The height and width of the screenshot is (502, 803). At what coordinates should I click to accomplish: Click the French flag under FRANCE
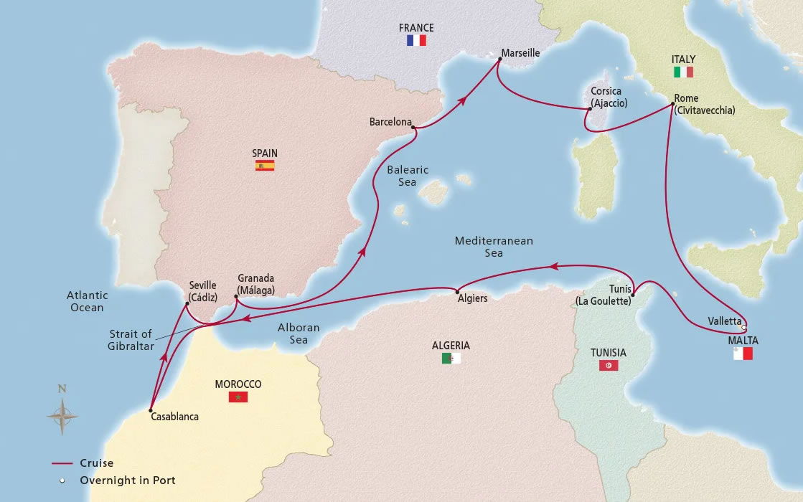click(416, 41)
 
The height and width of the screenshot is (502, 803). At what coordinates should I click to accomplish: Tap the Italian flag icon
click(683, 72)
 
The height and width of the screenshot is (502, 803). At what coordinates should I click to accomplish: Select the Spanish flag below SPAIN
click(265, 166)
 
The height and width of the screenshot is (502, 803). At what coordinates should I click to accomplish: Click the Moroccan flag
click(238, 397)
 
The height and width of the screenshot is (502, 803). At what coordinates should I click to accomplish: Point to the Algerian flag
click(451, 358)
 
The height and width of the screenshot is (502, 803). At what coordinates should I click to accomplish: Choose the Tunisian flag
click(609, 365)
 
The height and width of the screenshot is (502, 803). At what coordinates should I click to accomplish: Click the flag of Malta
click(743, 354)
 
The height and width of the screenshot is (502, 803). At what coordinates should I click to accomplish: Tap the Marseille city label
click(521, 53)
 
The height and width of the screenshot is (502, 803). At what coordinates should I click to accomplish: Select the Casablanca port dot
click(151, 411)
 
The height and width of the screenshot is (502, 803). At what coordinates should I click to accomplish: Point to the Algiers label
click(472, 298)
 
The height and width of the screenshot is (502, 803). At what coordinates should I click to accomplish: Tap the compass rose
click(62, 414)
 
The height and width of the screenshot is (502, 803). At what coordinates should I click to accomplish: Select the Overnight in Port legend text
click(128, 480)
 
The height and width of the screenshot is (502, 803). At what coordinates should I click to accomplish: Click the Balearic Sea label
click(408, 176)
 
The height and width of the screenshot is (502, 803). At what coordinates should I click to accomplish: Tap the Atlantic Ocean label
click(87, 301)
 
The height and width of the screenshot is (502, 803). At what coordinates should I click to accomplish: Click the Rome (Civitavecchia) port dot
click(672, 105)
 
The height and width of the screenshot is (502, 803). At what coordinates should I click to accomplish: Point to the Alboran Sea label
click(299, 333)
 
